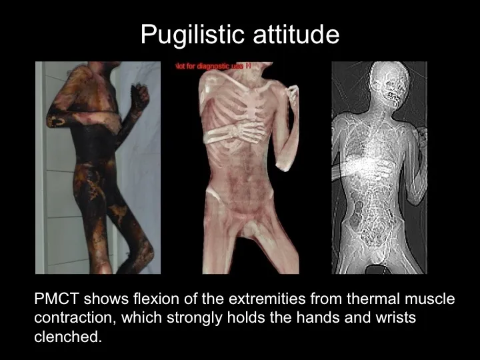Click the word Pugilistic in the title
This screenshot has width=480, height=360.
tap(191, 35)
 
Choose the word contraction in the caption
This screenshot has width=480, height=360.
tap(74, 318)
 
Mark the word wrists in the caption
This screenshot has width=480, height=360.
tap(396, 318)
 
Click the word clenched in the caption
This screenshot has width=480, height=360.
tap(67, 337)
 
